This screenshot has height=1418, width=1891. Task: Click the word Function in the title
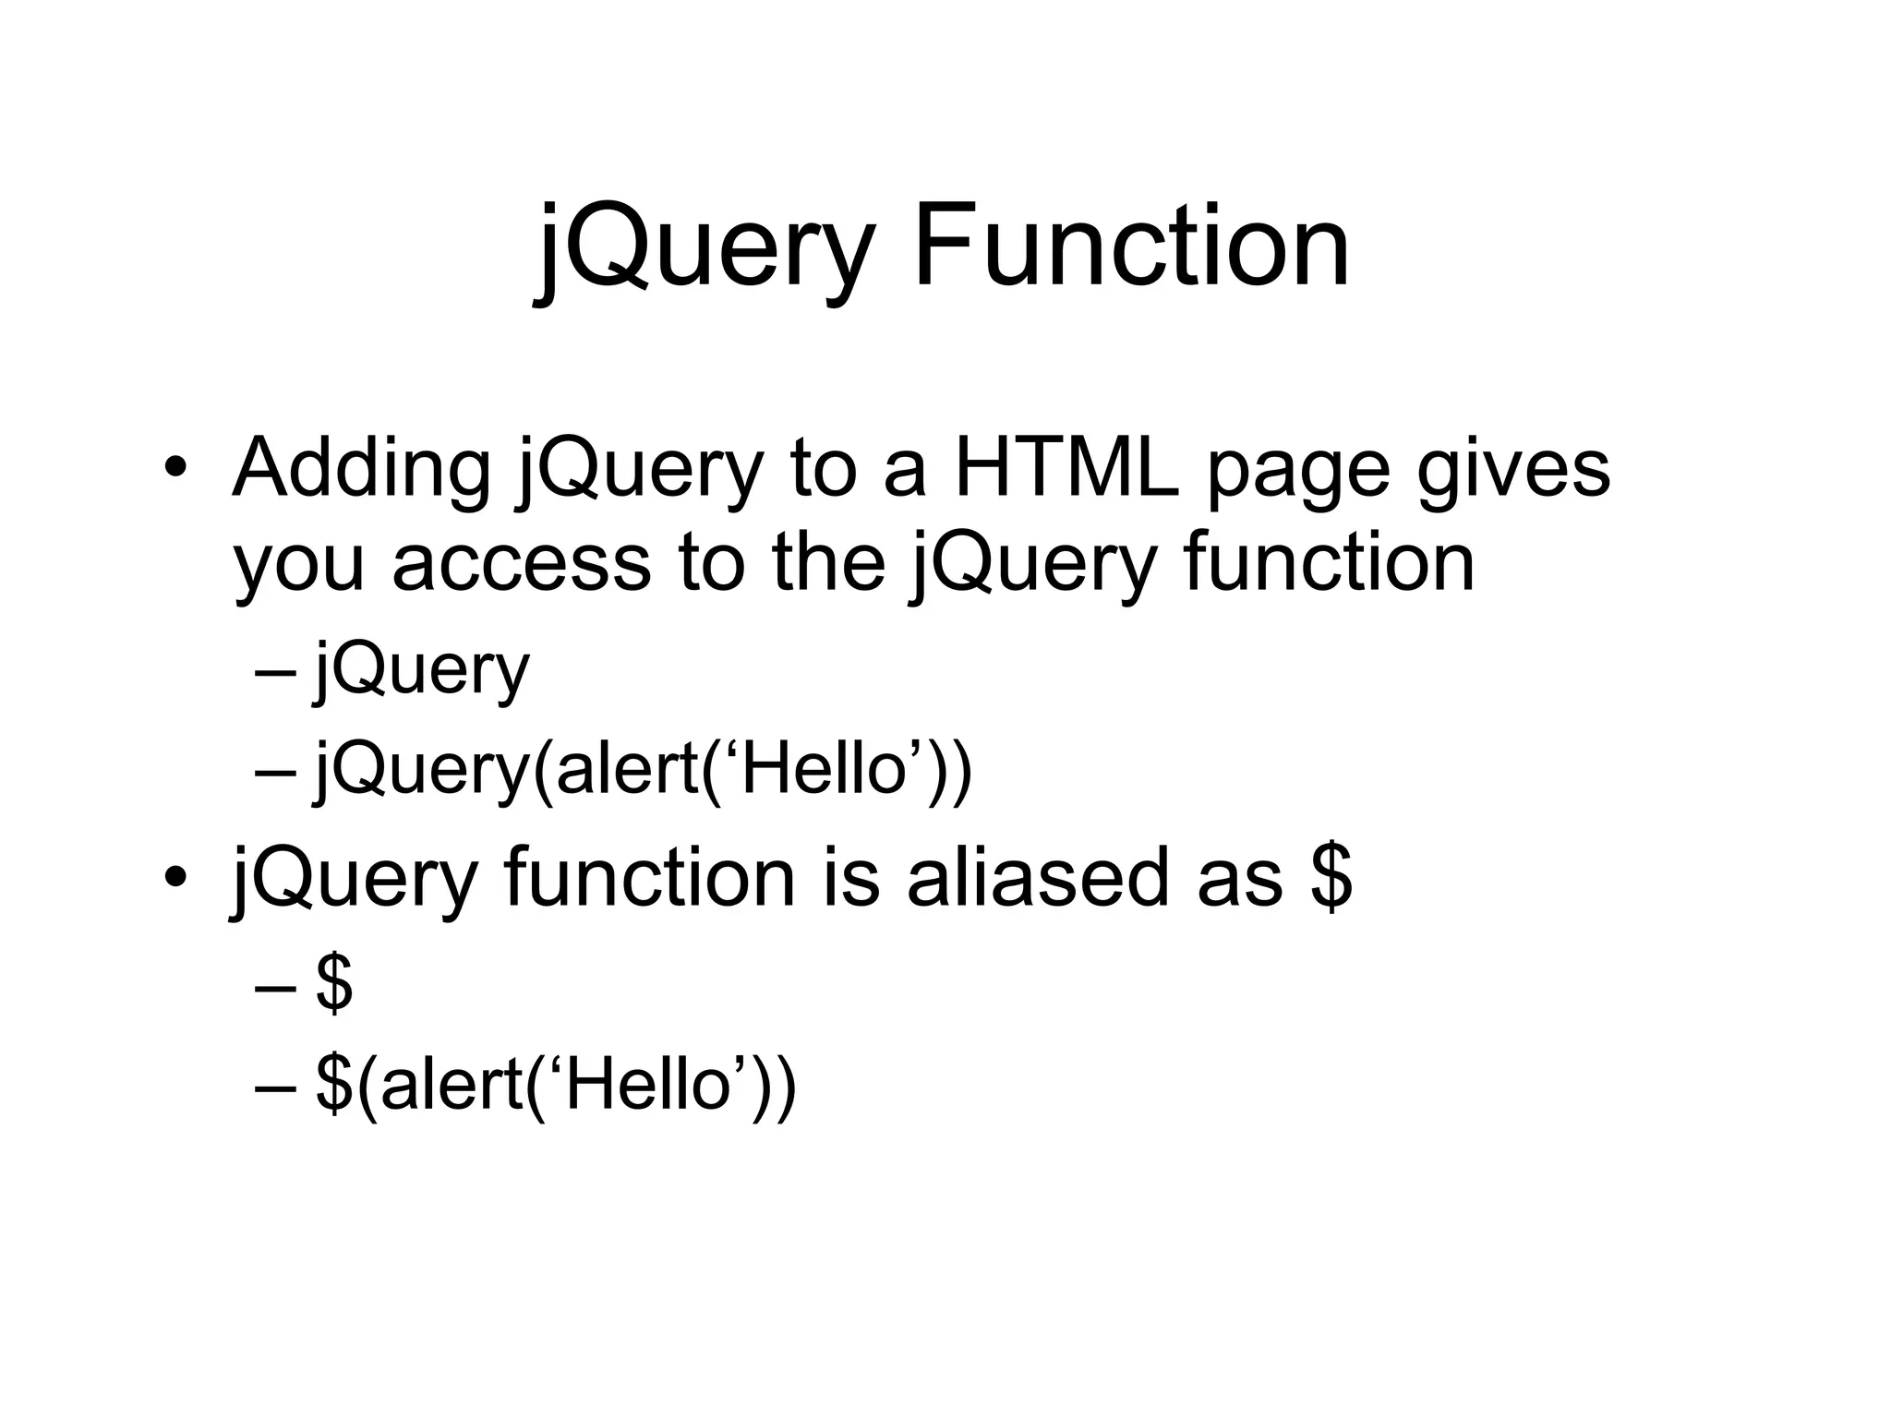coord(1132,247)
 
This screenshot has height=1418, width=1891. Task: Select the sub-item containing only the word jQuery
coord(422,671)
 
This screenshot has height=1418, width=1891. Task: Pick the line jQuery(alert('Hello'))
coord(644,770)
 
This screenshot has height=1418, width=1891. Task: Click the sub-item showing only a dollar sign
coord(333,985)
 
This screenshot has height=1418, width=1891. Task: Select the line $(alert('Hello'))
coord(555,1085)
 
